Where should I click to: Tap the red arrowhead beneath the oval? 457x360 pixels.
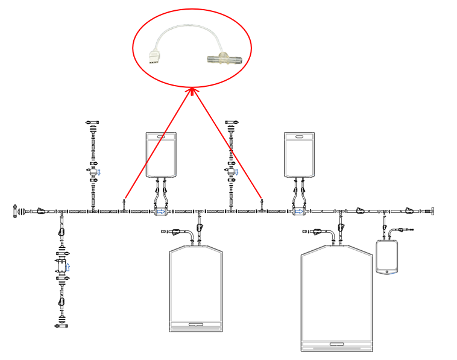coord(192,91)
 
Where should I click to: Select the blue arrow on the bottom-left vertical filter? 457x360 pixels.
coord(68,266)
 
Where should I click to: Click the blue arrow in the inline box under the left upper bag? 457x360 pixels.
coord(161,212)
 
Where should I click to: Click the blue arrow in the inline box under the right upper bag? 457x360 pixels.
coord(298,212)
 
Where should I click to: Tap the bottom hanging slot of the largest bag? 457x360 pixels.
coord(337,344)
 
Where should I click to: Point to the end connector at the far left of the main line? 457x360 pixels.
coord(16,211)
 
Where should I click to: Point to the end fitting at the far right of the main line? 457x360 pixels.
coord(429,211)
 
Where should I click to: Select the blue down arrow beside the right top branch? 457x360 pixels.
coord(237,172)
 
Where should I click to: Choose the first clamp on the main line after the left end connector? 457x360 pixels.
coord(40,211)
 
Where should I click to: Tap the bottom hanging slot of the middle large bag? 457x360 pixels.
coord(196,324)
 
